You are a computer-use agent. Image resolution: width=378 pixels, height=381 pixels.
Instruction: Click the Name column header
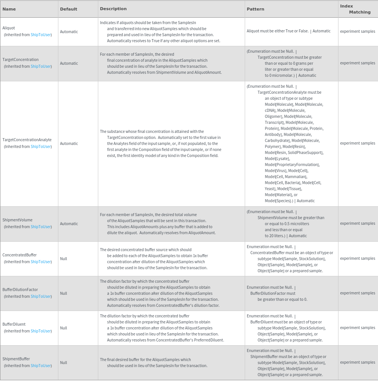pos(9,9)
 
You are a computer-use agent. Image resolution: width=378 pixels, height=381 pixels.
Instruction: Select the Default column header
pos(69,9)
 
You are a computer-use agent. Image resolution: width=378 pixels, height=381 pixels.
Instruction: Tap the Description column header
pos(113,9)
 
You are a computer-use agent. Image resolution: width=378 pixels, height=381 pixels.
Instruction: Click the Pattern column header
pos(255,9)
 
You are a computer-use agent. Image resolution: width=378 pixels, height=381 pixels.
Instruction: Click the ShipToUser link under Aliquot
pos(41,35)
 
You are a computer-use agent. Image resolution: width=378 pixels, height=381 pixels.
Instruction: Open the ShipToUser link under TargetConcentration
pos(41,66)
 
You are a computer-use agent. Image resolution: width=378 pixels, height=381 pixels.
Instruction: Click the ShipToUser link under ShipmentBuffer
pos(41,366)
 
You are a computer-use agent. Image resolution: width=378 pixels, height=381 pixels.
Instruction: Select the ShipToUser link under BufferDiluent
pos(41,331)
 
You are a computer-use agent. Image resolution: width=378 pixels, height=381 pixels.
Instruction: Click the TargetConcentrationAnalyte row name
pos(27,140)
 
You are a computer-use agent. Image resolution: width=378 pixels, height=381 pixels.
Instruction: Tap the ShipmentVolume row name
pos(17,220)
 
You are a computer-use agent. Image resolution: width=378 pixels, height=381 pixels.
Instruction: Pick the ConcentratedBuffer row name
pos(20,255)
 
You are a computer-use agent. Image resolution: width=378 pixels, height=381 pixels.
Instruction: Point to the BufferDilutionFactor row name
pos(20,290)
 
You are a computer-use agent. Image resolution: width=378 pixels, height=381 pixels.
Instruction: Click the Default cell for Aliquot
pos(69,32)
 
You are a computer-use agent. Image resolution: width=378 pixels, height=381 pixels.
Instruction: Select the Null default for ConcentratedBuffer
pos(64,259)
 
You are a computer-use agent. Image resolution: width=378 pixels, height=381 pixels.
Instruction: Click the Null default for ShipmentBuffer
pos(64,363)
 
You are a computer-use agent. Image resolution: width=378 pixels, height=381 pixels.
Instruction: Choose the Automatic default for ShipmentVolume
pos(69,224)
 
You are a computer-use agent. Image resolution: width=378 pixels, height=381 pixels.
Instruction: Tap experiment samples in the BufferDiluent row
pos(357,328)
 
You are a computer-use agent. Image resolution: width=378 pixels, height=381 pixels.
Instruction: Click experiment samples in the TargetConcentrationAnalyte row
pos(357,143)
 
